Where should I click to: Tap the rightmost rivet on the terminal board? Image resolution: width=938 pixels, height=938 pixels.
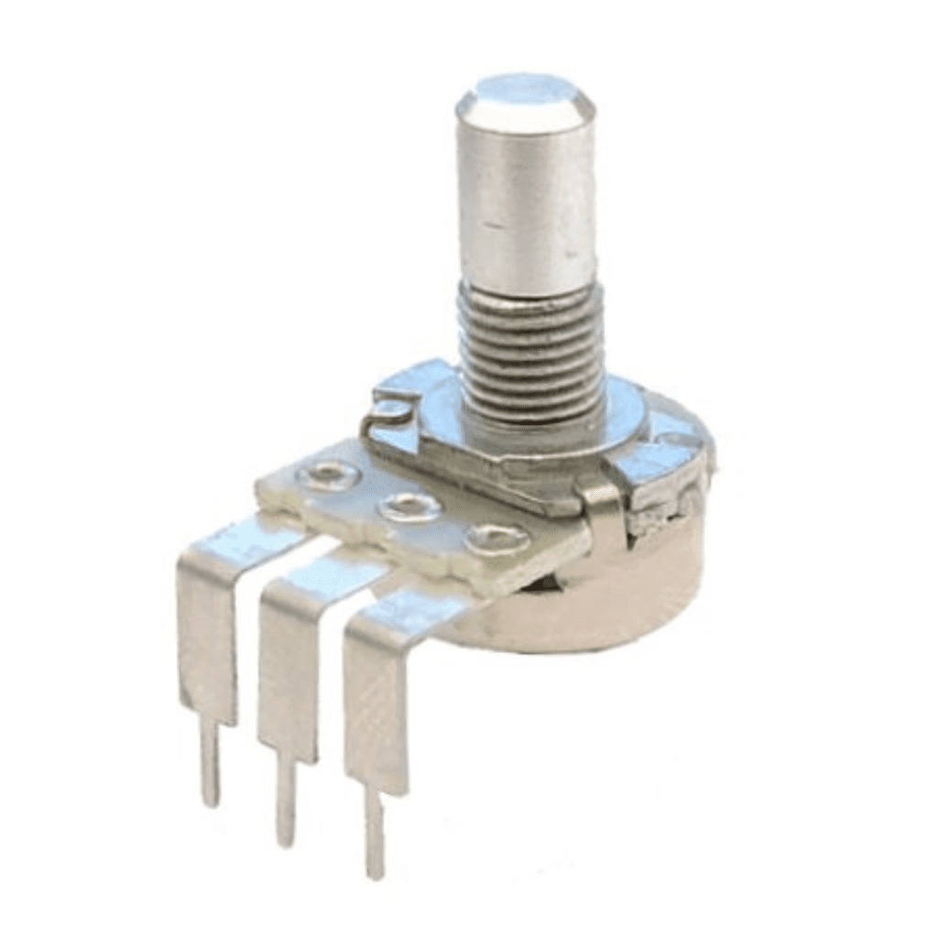click(x=495, y=540)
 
